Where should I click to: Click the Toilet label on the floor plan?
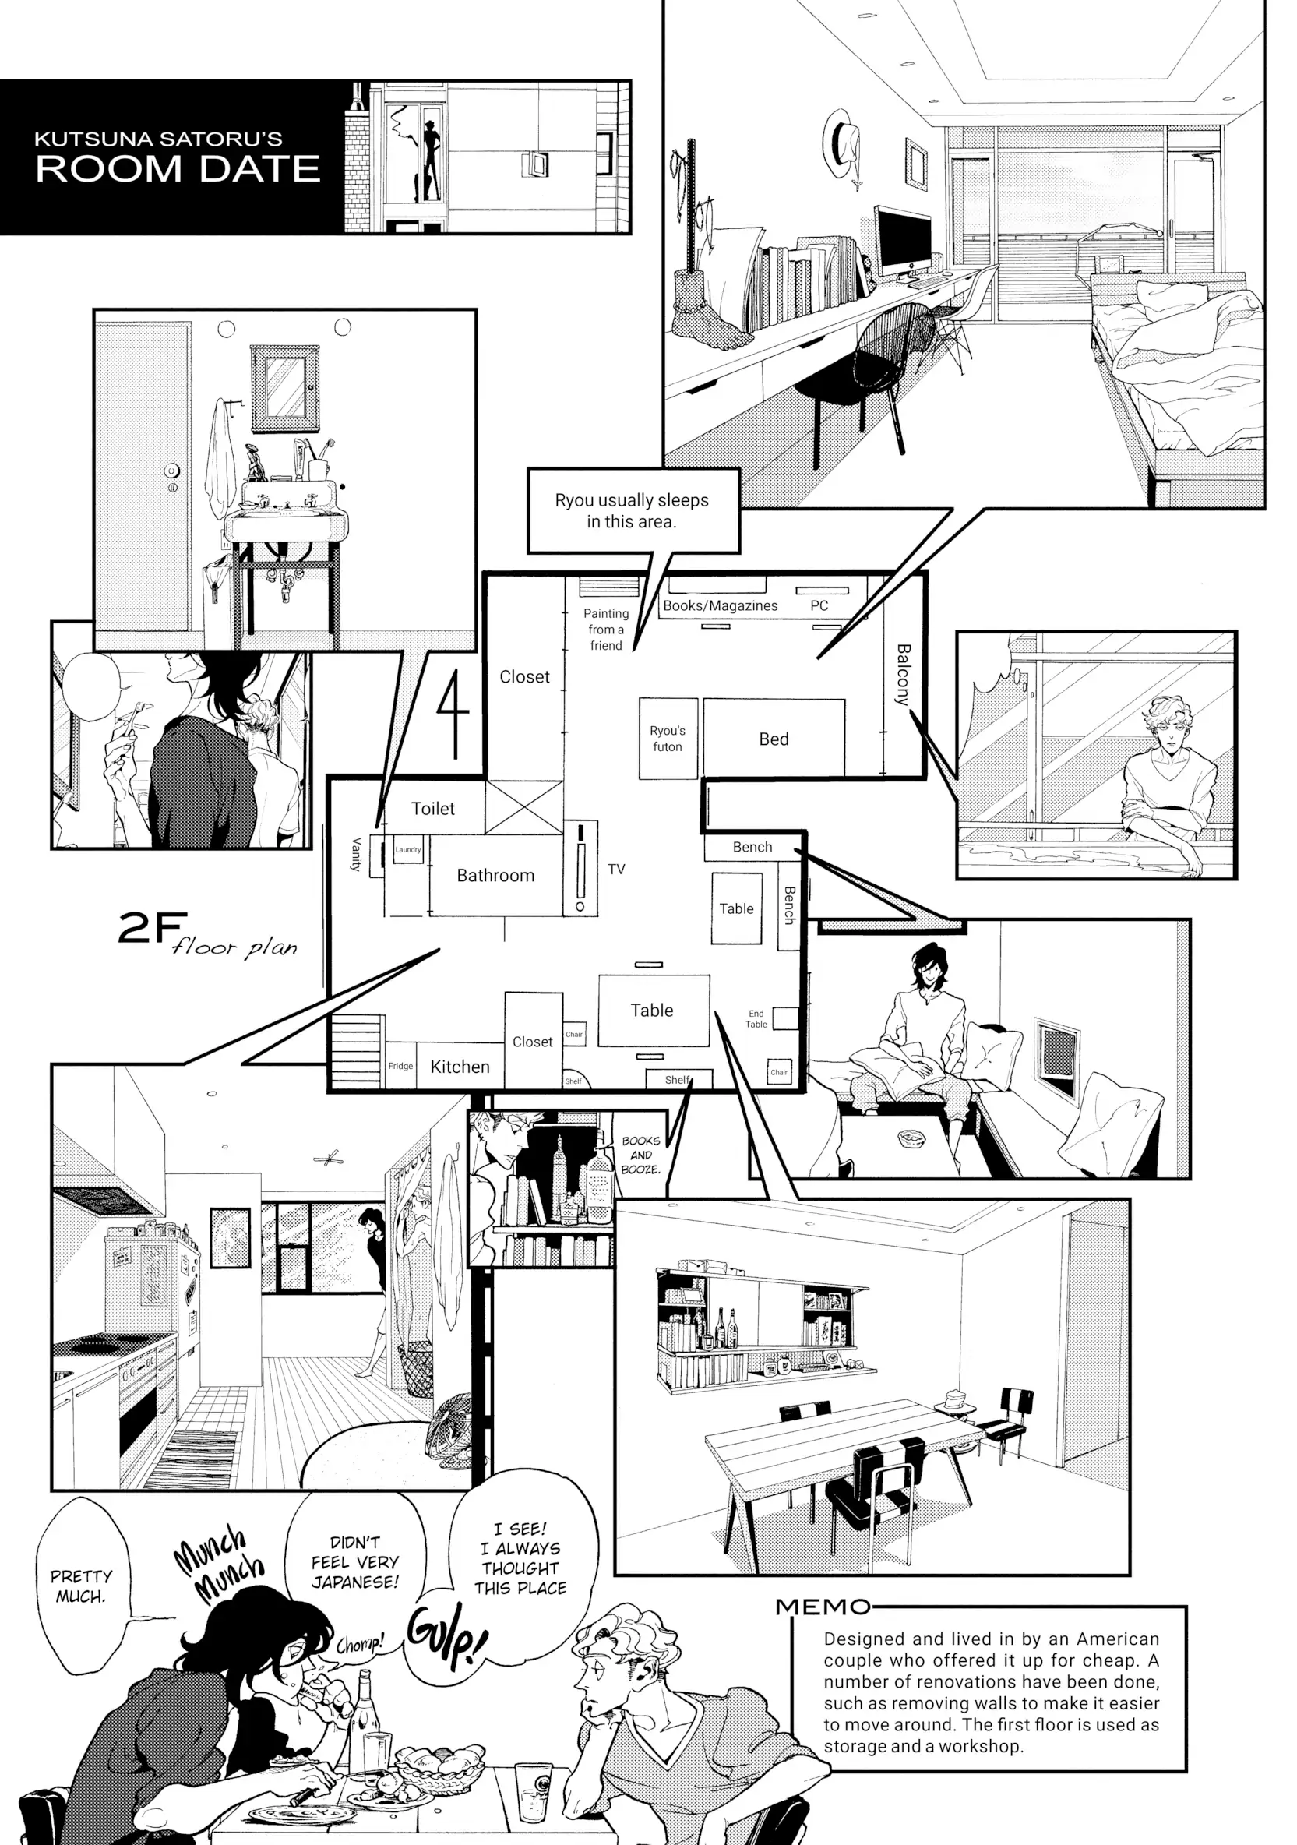click(432, 809)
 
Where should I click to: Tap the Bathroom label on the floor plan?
click(495, 875)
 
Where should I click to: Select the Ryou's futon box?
click(667, 739)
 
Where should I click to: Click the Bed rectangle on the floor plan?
click(773, 739)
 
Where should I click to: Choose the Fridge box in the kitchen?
click(400, 1066)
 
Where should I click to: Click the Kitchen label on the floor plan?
click(460, 1067)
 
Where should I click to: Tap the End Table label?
click(756, 1019)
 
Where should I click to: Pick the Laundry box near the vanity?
click(407, 849)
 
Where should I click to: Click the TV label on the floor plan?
click(616, 869)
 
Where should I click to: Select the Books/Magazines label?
click(720, 606)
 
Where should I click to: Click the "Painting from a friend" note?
click(606, 630)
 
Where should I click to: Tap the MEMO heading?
click(823, 1607)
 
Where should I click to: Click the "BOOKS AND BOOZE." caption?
click(640, 1155)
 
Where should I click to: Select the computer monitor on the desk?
click(901, 238)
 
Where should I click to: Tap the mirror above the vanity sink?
click(284, 386)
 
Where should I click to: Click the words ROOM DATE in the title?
click(178, 169)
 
